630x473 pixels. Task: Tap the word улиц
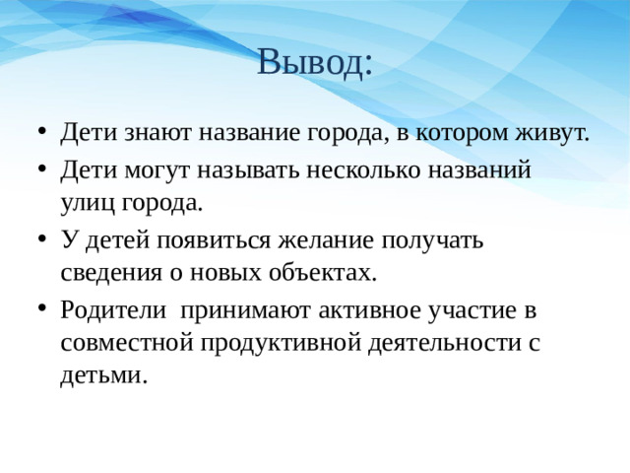83,204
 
